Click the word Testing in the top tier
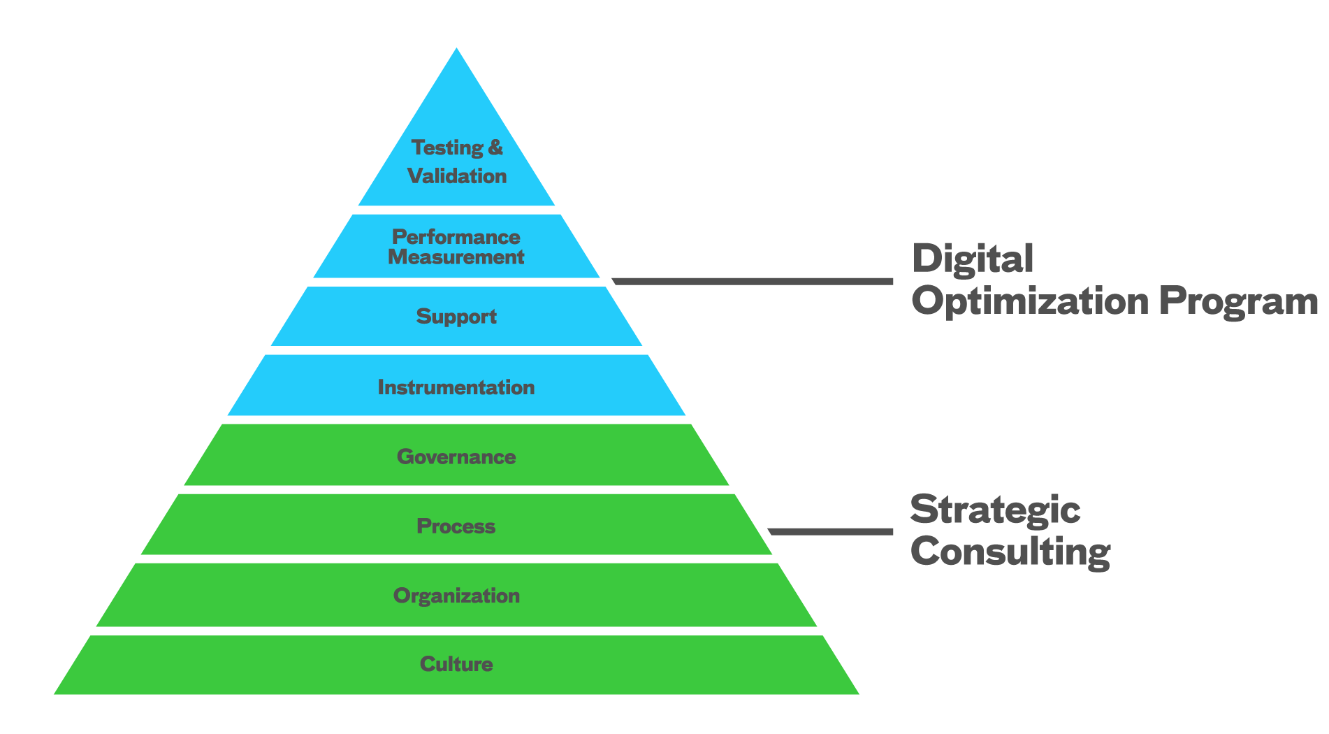pos(446,147)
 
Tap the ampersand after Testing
pos(495,147)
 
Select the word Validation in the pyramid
pos(457,175)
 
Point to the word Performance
pos(456,236)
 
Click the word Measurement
pos(456,257)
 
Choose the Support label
pos(456,317)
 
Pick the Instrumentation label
pos(456,387)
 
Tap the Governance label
pos(456,456)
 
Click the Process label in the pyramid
pos(456,526)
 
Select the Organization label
pos(456,596)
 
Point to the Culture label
pos(456,664)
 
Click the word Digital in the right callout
pos(973,259)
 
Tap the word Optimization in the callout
pos(1030,301)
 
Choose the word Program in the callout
pos(1238,301)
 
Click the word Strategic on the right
pos(995,510)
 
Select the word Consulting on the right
pos(1010,552)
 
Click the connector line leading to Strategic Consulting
pos(831,531)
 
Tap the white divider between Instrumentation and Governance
pos(456,419)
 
